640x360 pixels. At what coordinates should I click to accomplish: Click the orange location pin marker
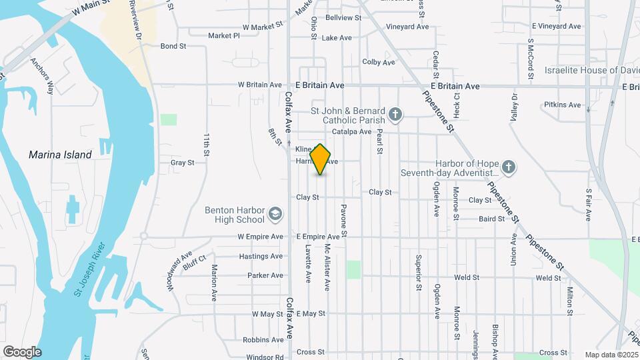[321, 159]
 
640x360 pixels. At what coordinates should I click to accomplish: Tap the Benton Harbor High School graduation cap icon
[275, 215]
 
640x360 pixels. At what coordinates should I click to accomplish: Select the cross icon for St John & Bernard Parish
[395, 115]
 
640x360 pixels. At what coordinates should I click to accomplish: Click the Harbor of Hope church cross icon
[508, 167]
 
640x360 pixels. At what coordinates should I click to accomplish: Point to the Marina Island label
[60, 155]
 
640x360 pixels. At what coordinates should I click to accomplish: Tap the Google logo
[22, 352]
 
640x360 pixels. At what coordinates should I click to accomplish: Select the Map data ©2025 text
[611, 355]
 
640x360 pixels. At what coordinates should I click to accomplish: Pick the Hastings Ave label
[261, 256]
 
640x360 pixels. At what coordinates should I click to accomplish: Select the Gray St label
[182, 162]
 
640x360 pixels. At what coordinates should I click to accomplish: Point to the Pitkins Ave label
[562, 105]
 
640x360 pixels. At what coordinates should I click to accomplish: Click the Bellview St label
[343, 17]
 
